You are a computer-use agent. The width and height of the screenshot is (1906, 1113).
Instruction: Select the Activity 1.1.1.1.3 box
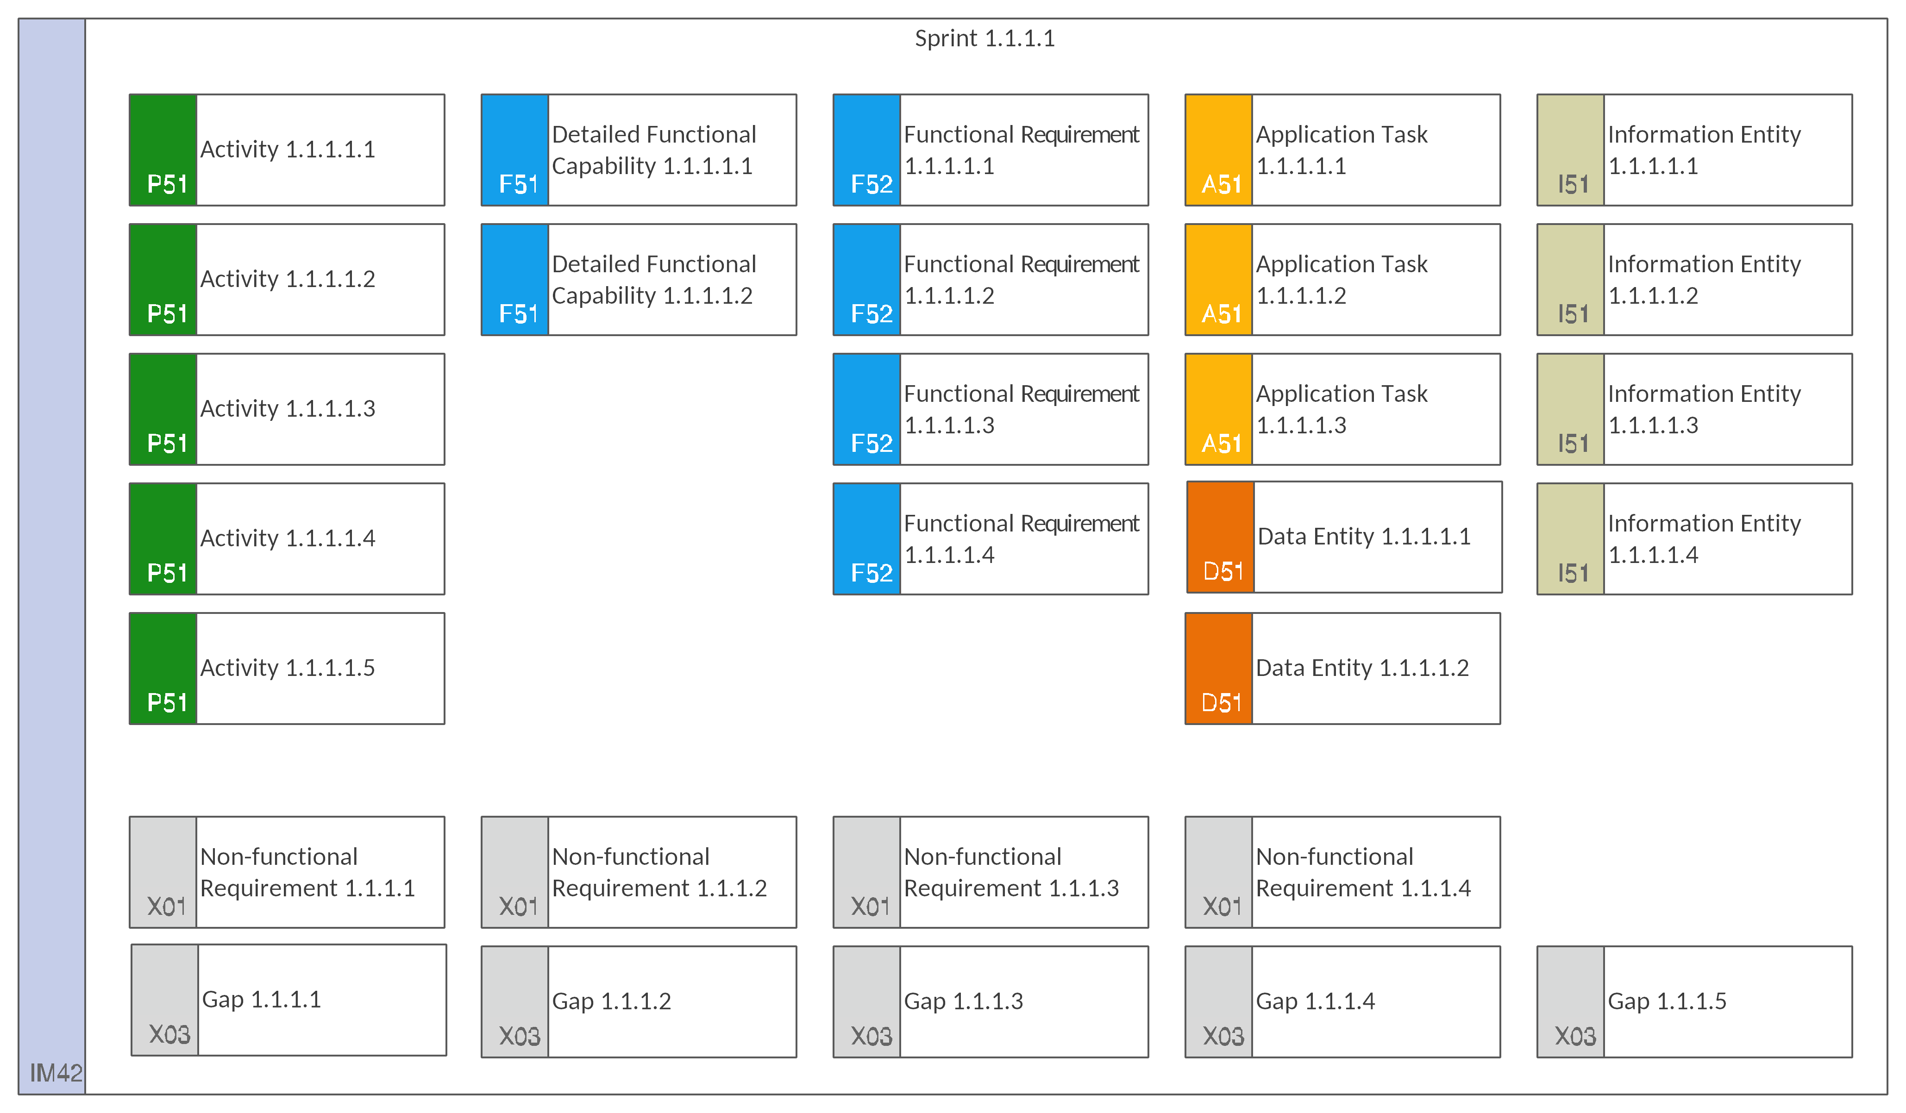(x=287, y=409)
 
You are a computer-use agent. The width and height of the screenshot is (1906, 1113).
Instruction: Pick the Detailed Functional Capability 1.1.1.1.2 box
(x=639, y=280)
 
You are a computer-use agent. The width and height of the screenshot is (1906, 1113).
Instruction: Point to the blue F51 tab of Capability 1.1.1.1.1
(x=514, y=150)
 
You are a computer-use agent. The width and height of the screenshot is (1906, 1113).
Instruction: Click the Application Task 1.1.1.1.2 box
(x=1342, y=280)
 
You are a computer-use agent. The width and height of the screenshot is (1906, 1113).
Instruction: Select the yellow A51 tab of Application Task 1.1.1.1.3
(x=1218, y=409)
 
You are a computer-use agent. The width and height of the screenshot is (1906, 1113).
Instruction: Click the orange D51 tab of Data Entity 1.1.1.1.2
(x=1218, y=669)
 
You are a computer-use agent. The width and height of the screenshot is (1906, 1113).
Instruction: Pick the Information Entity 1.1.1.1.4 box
(x=1694, y=539)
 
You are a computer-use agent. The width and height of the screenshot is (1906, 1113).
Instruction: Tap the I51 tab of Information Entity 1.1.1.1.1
(x=1570, y=150)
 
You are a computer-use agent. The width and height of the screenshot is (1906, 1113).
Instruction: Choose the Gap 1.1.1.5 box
(x=1694, y=1002)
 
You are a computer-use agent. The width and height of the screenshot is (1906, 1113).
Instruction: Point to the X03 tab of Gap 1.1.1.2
(x=514, y=1002)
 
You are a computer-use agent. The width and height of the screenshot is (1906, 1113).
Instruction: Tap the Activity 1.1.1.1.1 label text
(x=288, y=150)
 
